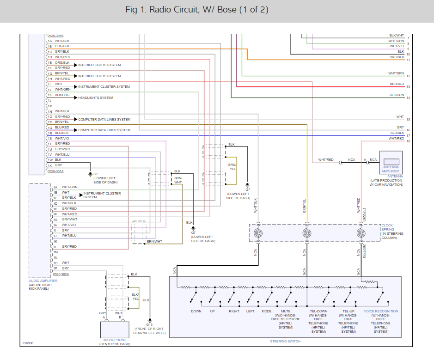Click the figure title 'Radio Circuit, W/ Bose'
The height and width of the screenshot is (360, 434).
pyautogui.click(x=196, y=10)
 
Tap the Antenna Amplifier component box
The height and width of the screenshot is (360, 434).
pyautogui.click(x=391, y=162)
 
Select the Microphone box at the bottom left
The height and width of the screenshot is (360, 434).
pyautogui.click(x=115, y=330)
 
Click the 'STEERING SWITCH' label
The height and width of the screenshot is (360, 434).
pyautogui.click(x=285, y=342)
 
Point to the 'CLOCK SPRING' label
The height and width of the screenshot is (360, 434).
pyautogui.click(x=388, y=227)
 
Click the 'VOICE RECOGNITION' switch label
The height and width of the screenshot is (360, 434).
pyautogui.click(x=381, y=311)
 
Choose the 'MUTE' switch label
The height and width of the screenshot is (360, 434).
pyautogui.click(x=286, y=311)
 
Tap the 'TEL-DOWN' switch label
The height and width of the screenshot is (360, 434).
pyautogui.click(x=318, y=311)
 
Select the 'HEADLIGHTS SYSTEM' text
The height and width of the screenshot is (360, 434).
pyautogui.click(x=96, y=98)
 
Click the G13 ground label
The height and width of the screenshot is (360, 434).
pyautogui.click(x=149, y=324)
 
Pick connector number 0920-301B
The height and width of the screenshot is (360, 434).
pyautogui.click(x=55, y=36)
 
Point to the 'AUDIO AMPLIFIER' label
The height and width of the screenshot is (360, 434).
pyautogui.click(x=43, y=281)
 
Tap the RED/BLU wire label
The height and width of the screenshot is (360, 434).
pyautogui.click(x=397, y=84)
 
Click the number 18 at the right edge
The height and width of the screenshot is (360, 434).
pyautogui.click(x=408, y=141)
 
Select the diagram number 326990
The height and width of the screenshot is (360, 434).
pyautogui.click(x=29, y=343)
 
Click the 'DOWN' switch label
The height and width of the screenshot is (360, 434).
pyautogui.click(x=196, y=311)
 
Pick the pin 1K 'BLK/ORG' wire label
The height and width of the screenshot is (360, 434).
pyautogui.click(x=62, y=95)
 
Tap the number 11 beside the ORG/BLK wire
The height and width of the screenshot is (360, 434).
pyautogui.click(x=408, y=60)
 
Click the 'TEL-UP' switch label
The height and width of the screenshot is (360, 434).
pyautogui.click(x=348, y=311)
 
